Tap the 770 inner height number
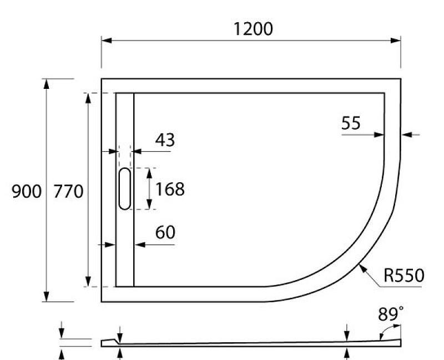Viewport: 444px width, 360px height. point(68,192)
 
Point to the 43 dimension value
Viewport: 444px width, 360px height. point(164,140)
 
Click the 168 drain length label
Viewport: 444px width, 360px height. point(169,189)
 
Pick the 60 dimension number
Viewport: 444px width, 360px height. point(165,232)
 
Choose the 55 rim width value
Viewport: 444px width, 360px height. point(351,123)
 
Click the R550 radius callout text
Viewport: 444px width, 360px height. point(404,275)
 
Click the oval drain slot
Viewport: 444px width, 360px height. point(125,189)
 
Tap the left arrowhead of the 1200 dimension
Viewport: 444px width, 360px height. point(106,41)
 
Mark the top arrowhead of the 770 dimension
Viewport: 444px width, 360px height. point(88,98)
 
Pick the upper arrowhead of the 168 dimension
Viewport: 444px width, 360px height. point(148,172)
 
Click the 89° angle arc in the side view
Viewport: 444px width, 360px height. point(382,332)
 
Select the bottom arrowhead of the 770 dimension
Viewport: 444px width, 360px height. point(88,282)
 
